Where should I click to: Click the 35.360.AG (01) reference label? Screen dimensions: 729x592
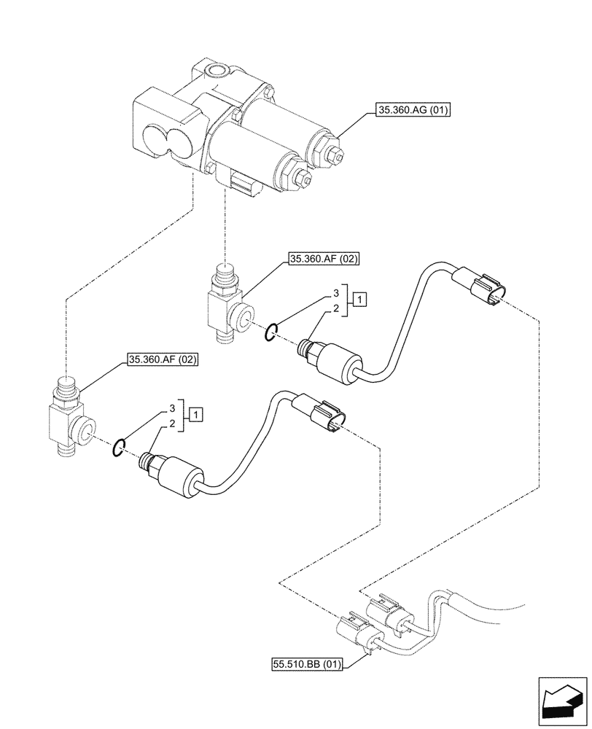click(x=413, y=111)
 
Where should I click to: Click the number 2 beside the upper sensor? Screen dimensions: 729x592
click(x=336, y=310)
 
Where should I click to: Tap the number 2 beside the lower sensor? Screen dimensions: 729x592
click(x=172, y=424)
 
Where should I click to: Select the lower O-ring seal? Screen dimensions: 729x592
click(x=117, y=449)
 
